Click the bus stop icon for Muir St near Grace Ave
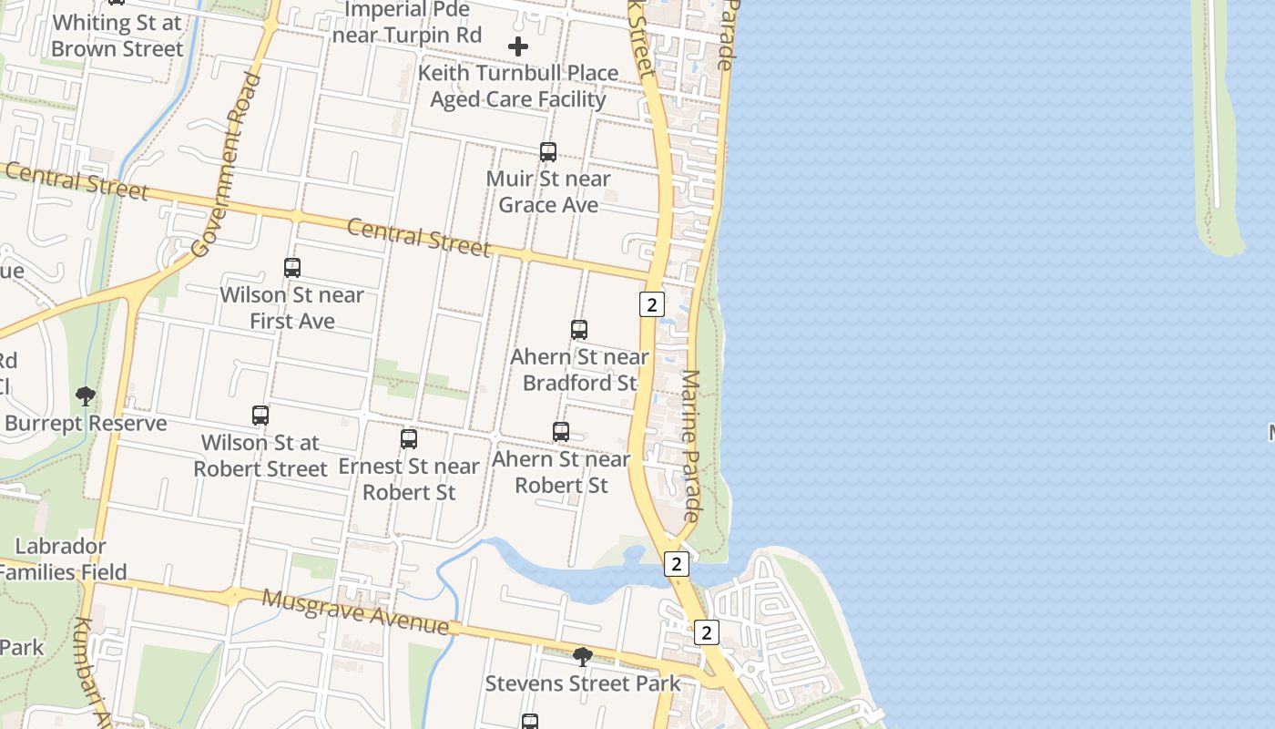(x=548, y=152)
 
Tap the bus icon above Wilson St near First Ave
(x=291, y=268)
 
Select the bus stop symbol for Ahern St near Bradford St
(x=579, y=330)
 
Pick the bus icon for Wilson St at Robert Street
(x=260, y=416)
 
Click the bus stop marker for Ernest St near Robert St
(x=409, y=439)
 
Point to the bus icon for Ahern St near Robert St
(x=561, y=432)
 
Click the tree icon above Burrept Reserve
(x=86, y=396)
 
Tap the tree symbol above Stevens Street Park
(x=582, y=656)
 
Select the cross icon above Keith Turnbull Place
(x=518, y=46)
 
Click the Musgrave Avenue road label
(x=355, y=611)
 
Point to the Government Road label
(x=227, y=164)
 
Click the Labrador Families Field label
(x=62, y=560)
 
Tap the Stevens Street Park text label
(x=582, y=683)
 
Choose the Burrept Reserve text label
(x=86, y=423)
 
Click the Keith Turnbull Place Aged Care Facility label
(x=518, y=86)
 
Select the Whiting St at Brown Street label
(x=117, y=36)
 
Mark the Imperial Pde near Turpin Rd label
(x=406, y=23)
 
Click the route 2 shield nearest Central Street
(x=651, y=304)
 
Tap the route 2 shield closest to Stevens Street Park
(x=706, y=632)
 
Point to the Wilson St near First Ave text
(x=291, y=308)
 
